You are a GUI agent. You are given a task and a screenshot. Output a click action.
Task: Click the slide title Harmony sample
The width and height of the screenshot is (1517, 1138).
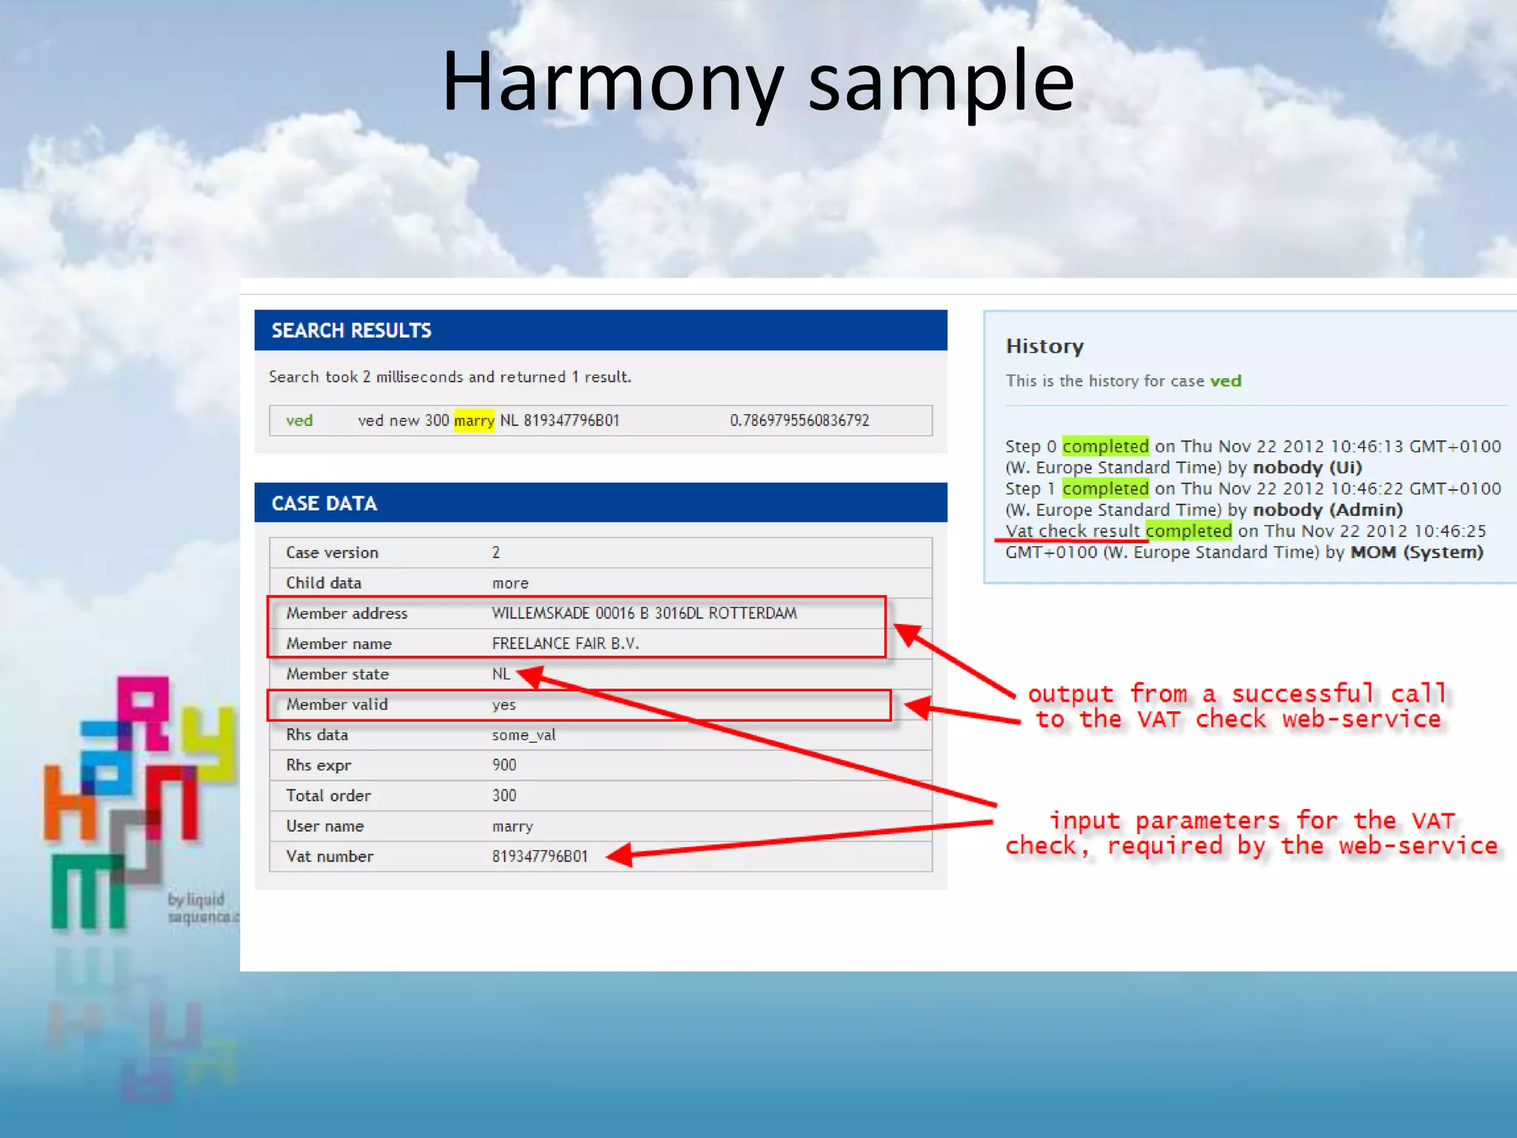pos(757,81)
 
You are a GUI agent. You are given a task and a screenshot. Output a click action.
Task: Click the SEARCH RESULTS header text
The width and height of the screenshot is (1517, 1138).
pos(351,330)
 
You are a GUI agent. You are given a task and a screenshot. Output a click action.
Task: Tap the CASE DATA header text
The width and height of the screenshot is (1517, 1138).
pos(324,504)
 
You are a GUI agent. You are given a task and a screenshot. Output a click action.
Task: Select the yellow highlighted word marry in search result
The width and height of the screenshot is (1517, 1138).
pos(473,421)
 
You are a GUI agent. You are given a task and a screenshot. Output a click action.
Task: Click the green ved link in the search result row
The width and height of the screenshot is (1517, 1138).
pos(299,421)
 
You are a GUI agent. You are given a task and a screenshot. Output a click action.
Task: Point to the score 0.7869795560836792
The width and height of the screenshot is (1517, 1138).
pos(798,421)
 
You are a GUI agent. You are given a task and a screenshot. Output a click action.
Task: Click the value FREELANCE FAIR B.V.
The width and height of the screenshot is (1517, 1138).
pos(564,644)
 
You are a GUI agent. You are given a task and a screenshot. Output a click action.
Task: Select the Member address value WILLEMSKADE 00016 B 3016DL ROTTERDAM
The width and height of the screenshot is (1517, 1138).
pos(644,613)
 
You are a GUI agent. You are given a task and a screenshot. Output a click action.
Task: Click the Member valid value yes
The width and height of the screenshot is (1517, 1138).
pos(504,705)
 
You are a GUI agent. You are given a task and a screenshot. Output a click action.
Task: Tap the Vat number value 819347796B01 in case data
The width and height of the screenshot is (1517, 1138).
pos(539,856)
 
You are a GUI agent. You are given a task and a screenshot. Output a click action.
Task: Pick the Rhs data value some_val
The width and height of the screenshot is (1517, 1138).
pos(523,735)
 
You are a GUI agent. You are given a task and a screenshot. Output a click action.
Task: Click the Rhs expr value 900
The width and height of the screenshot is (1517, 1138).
pos(504,765)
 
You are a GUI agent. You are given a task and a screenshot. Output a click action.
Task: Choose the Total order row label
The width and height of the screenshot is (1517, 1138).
pos(328,796)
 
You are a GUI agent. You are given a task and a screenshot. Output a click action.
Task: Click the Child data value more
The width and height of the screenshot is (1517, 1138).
pos(510,583)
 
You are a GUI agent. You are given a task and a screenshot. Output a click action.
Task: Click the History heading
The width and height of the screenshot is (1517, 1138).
pos(1044,346)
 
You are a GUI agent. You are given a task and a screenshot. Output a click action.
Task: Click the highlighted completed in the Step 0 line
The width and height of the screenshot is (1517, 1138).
pos(1104,446)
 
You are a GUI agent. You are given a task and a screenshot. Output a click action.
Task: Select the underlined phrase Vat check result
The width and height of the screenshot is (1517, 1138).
pos(1072,531)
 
